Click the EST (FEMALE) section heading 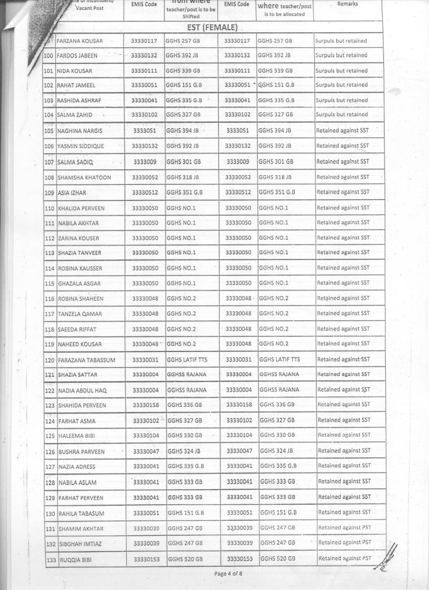pos(212,28)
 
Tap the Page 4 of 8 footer pos(228,573)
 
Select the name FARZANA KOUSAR pos(80,41)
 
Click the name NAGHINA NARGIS pos(80,131)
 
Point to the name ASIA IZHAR pos(71,192)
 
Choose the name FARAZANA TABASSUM pos(86,360)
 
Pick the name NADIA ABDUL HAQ pos(82,391)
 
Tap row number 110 pos(50,208)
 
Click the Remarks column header pos(348,4)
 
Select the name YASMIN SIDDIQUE pos(81,146)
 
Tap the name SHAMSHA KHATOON pos(84,177)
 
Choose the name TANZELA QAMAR pos(80,314)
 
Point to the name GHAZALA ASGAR pos(79,283)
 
